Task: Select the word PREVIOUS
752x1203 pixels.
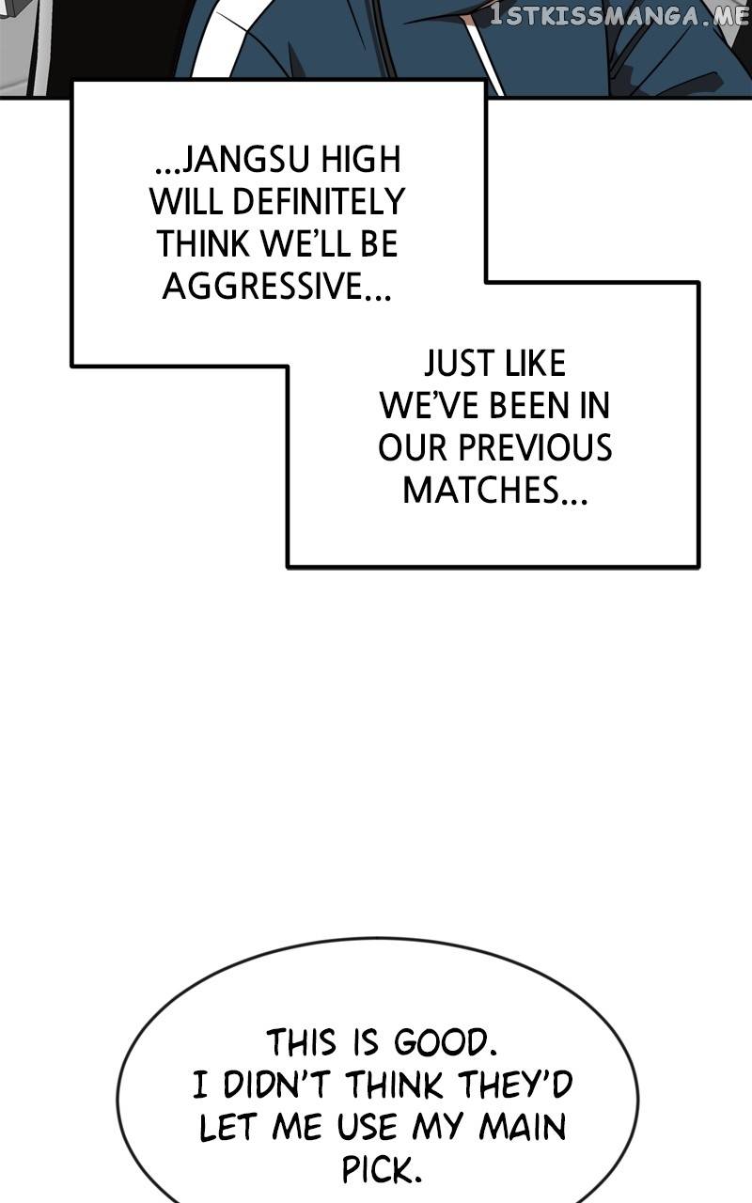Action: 535,448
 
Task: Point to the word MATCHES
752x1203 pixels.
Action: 482,491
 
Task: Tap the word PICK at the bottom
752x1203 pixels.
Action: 378,1170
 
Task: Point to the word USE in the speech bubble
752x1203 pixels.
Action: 363,1128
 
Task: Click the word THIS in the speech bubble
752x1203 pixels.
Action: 301,1043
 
